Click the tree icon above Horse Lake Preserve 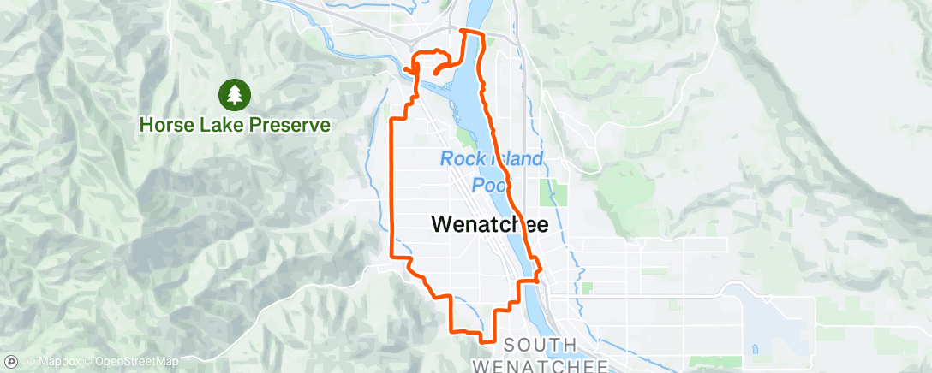coord(235,93)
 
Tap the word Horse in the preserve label coord(164,125)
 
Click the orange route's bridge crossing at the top coord(472,32)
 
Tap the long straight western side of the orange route coord(392,188)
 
